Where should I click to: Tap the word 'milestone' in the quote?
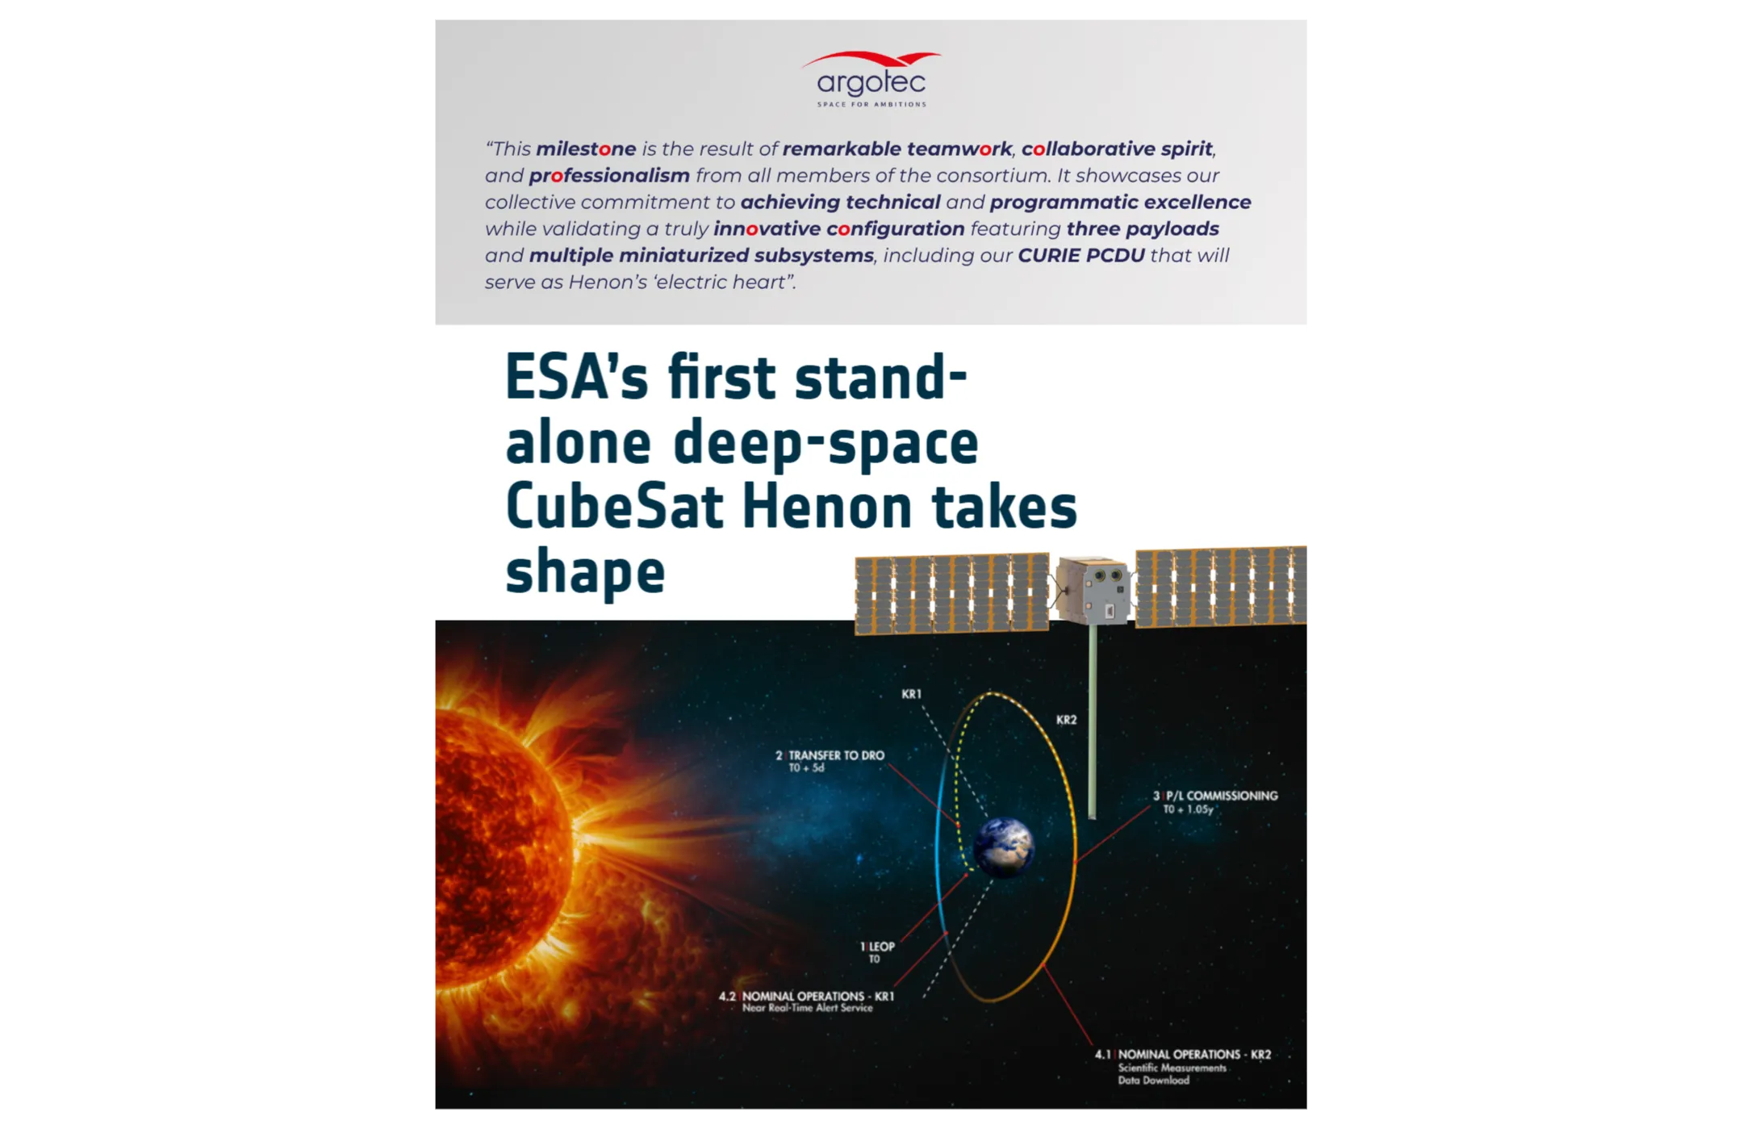point(586,149)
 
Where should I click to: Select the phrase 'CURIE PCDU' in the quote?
point(1080,256)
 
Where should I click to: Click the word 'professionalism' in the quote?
point(609,176)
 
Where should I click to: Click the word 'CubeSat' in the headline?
point(614,507)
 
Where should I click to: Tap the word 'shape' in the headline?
point(585,571)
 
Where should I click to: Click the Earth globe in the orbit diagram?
point(1003,847)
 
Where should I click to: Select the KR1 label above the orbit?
point(911,694)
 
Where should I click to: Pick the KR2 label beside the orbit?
point(1066,720)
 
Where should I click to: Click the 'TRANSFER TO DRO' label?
point(836,755)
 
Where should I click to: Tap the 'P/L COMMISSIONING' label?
point(1222,796)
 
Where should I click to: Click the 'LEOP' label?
point(881,947)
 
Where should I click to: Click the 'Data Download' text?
point(1153,1081)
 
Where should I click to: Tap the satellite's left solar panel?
point(951,593)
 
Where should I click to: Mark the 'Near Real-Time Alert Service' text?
point(807,1008)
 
